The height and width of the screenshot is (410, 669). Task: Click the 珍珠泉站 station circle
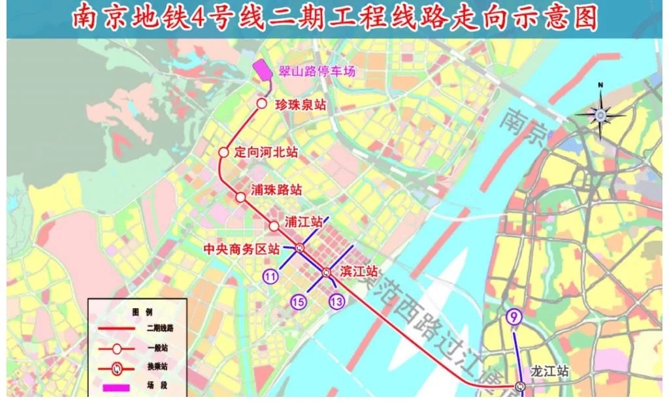(261, 104)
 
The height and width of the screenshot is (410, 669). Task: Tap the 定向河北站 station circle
(223, 152)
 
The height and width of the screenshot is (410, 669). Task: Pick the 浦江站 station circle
(274, 225)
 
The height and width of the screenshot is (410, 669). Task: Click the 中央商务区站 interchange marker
(299, 247)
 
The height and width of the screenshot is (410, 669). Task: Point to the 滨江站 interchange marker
(326, 272)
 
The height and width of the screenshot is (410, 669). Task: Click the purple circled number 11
(271, 276)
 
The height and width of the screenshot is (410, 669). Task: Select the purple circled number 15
(299, 302)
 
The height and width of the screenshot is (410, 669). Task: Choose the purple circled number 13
(337, 302)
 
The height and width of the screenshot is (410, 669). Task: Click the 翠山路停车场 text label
(313, 71)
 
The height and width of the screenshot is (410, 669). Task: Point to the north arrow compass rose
(600, 115)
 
